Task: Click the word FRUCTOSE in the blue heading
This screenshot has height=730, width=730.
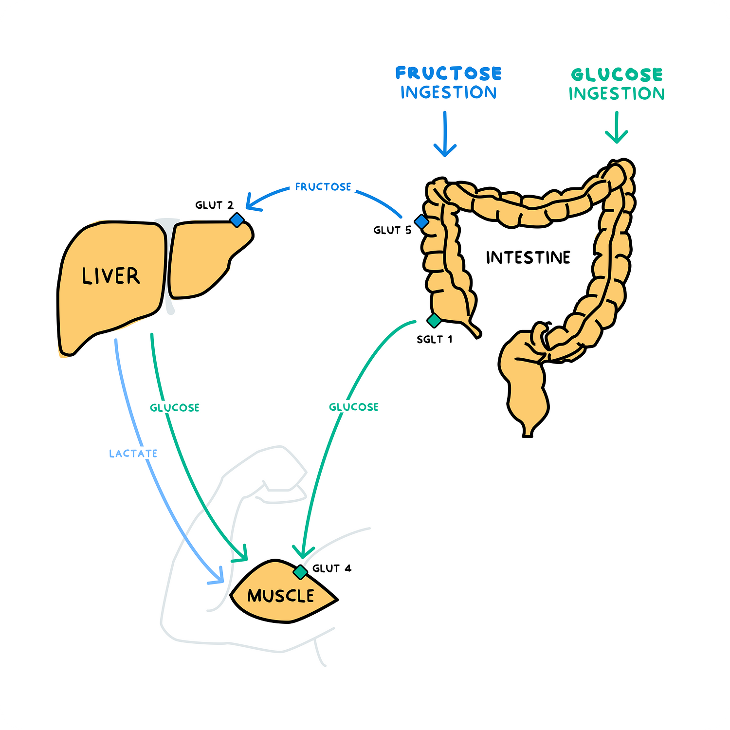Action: [448, 73]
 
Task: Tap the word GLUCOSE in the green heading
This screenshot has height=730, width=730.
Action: [617, 74]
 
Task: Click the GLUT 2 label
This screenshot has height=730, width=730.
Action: [214, 205]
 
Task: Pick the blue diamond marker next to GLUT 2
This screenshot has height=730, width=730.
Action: [237, 220]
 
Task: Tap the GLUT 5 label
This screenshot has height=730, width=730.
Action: [392, 230]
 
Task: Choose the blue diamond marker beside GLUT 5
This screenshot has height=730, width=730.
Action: [421, 222]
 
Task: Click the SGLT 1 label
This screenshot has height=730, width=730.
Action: [434, 339]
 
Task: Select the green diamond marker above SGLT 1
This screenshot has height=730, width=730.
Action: [434, 321]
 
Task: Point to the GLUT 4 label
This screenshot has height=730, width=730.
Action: [331, 568]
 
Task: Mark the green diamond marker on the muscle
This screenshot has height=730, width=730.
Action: [301, 572]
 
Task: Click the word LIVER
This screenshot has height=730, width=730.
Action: [110, 276]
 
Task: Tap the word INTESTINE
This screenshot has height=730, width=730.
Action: [528, 257]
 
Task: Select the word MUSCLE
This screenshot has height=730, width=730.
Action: [281, 596]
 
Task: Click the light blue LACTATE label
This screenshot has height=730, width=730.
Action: [133, 454]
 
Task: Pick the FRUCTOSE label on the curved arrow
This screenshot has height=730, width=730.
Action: [323, 187]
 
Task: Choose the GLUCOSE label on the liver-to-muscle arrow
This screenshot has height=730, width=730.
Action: [175, 408]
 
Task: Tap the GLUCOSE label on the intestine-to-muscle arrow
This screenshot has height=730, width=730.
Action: [354, 407]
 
